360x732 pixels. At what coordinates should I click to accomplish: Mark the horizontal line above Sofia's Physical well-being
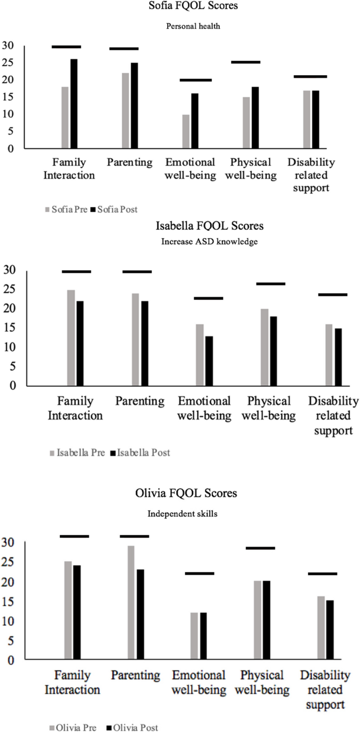coord(245,62)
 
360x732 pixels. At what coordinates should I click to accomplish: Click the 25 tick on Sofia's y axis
coord(8,63)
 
